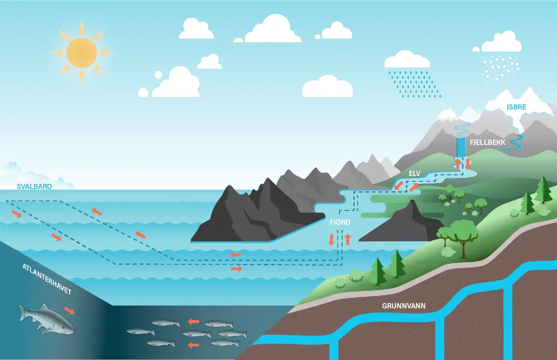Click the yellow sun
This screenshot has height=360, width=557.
click(81, 52)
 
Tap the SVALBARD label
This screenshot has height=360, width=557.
click(34, 187)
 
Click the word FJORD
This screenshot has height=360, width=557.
click(340, 222)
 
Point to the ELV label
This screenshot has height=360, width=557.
click(415, 174)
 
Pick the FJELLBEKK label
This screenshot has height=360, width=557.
click(487, 142)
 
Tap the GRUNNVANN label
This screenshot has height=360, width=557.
click(404, 306)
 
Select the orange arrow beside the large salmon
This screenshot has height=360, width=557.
click(69, 310)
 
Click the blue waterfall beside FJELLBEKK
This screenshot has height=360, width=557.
click(461, 148)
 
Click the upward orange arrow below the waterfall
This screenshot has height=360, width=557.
click(458, 164)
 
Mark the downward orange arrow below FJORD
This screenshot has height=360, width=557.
click(332, 240)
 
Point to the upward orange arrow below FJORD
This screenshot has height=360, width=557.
click(347, 239)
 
